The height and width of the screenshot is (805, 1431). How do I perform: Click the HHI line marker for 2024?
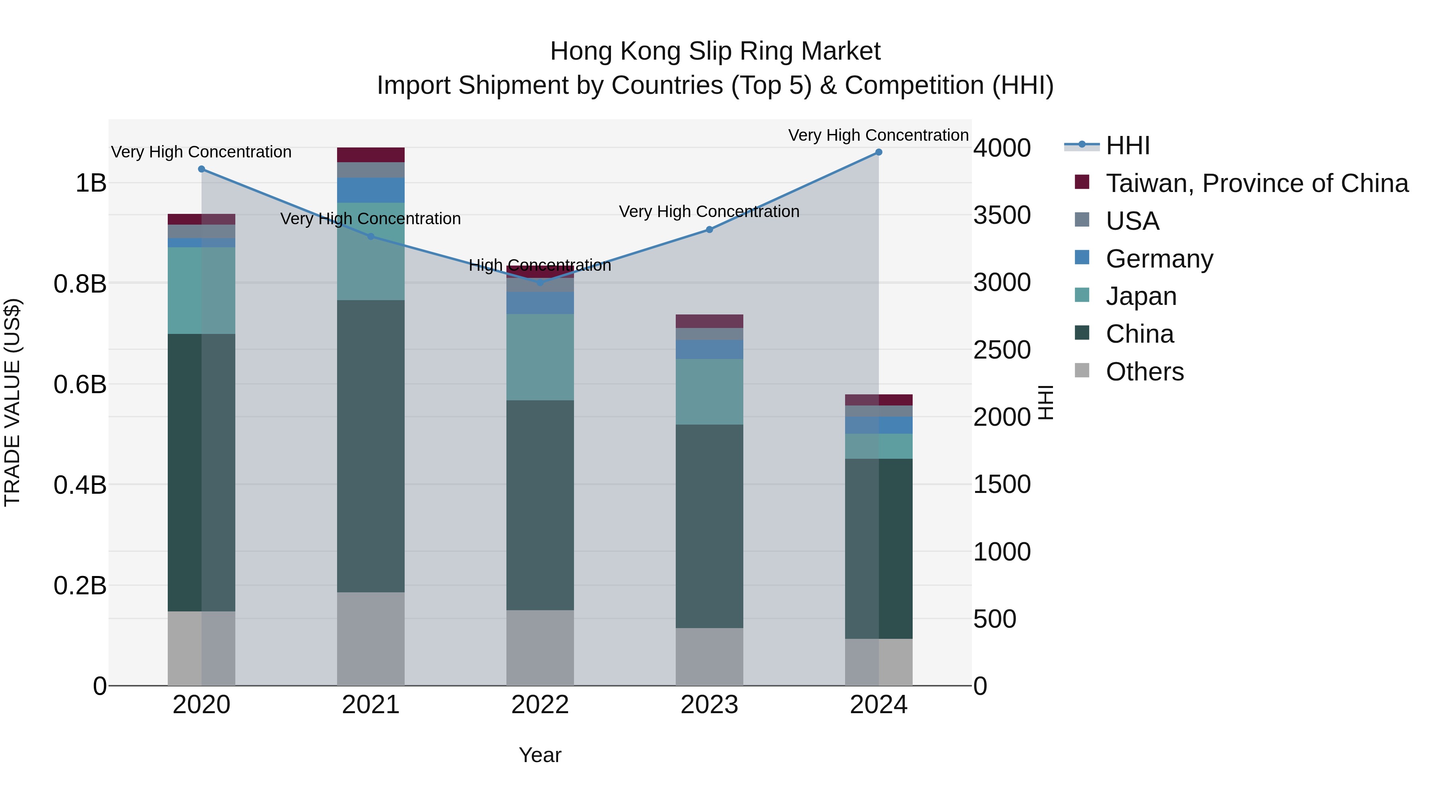click(878, 152)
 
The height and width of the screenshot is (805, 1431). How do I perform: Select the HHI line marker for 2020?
click(202, 169)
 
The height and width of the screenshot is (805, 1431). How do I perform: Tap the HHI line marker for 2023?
click(710, 229)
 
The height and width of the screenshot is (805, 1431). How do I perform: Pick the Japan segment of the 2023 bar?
click(710, 392)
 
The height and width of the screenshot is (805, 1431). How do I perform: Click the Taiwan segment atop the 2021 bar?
click(370, 155)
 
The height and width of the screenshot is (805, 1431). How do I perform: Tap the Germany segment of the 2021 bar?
click(370, 190)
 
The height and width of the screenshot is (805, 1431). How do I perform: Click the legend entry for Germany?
click(1160, 259)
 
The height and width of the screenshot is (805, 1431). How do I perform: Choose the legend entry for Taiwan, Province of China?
click(1256, 183)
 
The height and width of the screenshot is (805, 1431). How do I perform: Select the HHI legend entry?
click(1128, 145)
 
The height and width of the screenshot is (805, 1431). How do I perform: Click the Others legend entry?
click(1144, 372)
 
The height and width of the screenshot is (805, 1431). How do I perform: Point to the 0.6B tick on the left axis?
click(80, 384)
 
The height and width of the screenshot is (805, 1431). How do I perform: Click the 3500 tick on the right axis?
click(1002, 215)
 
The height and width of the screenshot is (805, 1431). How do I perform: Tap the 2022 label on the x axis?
click(540, 705)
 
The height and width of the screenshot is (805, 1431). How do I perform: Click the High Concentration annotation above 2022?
click(540, 265)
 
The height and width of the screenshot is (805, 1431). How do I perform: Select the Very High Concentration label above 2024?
click(878, 135)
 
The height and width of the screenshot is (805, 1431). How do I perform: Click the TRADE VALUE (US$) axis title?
click(12, 402)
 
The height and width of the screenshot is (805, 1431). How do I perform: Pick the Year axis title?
click(540, 755)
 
